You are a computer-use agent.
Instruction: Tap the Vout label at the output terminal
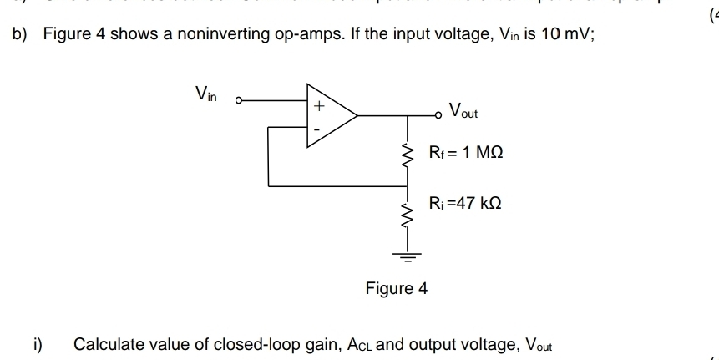[463, 111]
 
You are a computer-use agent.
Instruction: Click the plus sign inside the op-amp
[317, 107]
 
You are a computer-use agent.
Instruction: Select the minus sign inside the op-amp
[317, 130]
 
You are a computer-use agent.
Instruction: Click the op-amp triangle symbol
[331, 116]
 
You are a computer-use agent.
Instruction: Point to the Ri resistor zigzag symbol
[408, 215]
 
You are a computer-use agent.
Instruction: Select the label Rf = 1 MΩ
[466, 154]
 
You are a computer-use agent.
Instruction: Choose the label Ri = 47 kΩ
[465, 203]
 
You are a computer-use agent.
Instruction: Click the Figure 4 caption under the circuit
[396, 289]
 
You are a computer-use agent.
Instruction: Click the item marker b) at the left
[19, 35]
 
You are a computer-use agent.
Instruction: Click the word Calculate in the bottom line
[105, 344]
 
